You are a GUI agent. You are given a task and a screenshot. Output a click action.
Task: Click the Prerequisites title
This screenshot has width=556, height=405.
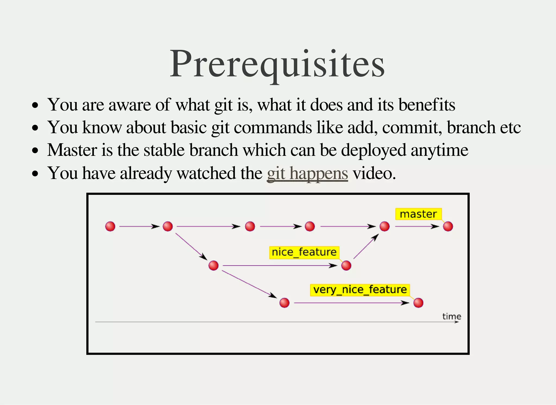[277, 64]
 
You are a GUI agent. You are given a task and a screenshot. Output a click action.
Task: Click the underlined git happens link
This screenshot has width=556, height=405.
[307, 173]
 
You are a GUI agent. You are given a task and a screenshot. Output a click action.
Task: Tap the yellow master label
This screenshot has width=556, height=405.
[418, 214]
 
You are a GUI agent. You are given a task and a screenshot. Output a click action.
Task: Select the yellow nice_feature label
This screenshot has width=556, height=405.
[304, 252]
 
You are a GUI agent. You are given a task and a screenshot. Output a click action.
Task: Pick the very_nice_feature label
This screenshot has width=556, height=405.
[360, 290]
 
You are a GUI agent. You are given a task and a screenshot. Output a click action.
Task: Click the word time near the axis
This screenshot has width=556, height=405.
[451, 316]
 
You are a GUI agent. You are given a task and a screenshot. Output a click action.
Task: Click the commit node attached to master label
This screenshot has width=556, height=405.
[448, 226]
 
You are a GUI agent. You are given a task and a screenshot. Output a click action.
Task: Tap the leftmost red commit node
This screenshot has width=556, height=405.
[110, 226]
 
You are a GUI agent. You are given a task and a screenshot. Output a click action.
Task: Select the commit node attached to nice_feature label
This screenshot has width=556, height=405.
[346, 265]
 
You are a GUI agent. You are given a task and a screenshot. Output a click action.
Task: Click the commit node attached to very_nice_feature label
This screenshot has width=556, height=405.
[418, 302]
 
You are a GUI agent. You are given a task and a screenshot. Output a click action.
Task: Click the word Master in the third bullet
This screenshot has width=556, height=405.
[72, 150]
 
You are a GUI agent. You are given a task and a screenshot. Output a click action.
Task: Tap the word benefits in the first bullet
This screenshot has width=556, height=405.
[427, 105]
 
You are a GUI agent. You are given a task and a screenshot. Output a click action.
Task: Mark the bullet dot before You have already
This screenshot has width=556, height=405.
[35, 173]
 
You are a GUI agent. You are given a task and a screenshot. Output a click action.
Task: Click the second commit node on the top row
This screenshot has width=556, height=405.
[168, 226]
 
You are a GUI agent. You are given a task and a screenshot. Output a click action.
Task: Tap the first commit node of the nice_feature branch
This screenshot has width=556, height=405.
[214, 265]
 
